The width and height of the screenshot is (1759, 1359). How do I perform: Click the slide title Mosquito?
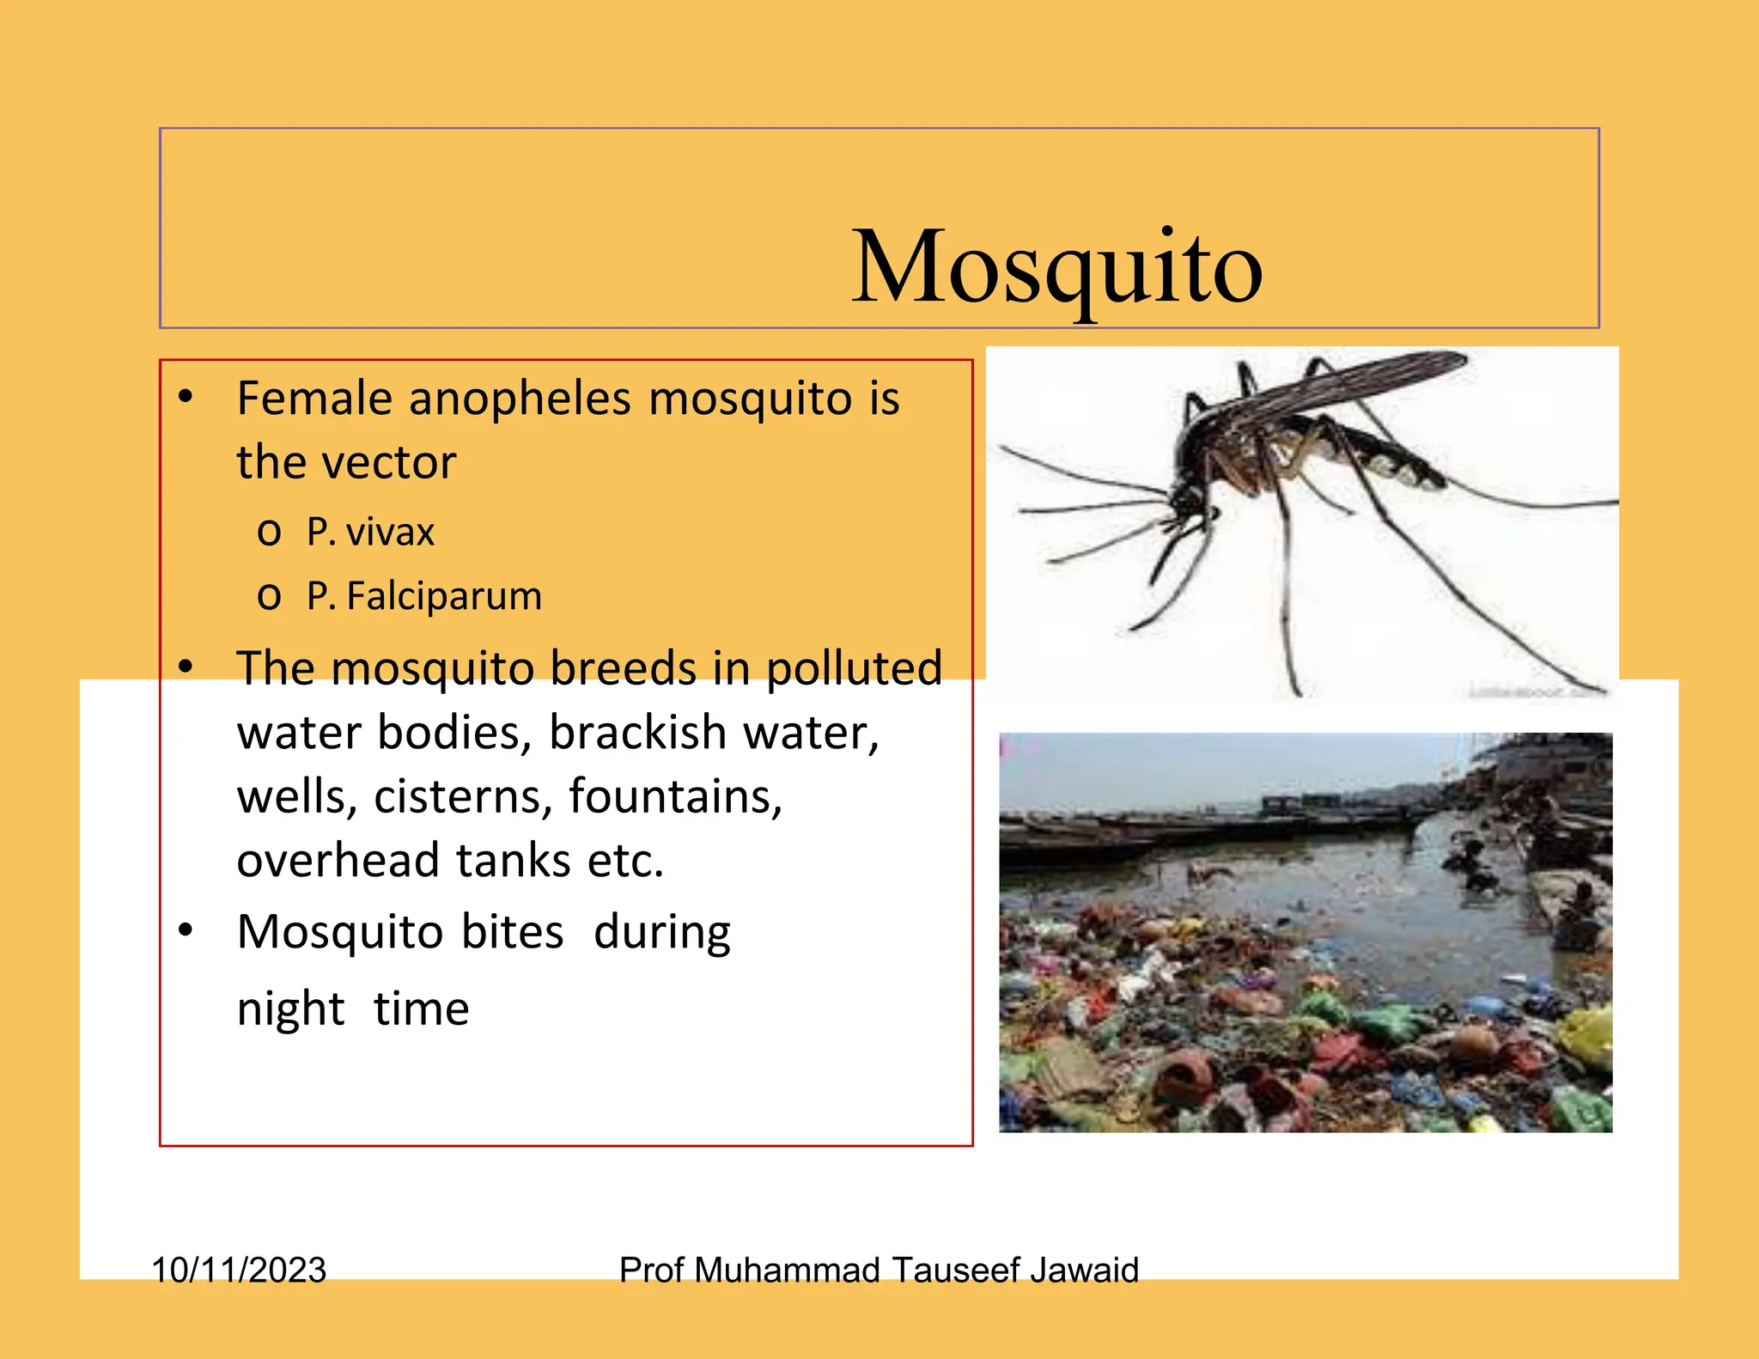[1056, 268]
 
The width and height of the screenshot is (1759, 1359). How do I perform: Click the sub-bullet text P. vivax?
[370, 533]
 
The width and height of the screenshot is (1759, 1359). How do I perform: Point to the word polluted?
[854, 669]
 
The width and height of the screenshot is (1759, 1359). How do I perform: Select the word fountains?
[675, 797]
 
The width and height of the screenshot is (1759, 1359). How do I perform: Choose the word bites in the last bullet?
[512, 932]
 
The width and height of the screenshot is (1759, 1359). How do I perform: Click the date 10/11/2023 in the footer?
[239, 1270]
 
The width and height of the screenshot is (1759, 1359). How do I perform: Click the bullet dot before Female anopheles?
[186, 398]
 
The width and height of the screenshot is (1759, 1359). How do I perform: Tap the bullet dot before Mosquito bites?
[186, 931]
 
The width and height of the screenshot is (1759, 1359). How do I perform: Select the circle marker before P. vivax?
[269, 533]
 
